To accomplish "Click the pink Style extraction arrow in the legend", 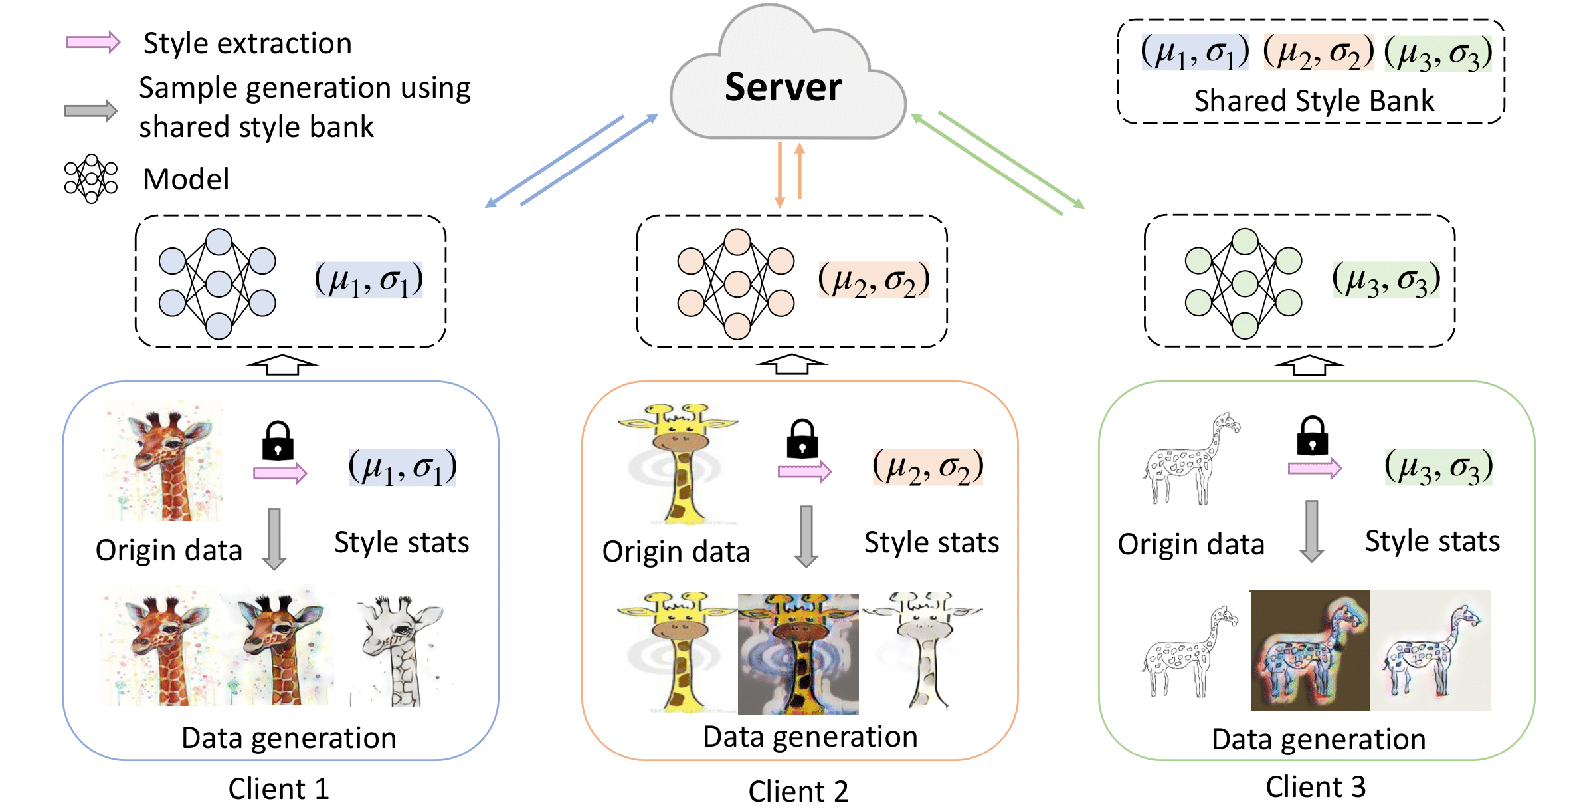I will [x=93, y=43].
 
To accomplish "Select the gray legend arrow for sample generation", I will [x=90, y=110].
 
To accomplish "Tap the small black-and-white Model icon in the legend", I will [x=91, y=178].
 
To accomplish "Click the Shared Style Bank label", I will [x=1313, y=101].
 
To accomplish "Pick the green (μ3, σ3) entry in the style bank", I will [x=1437, y=53].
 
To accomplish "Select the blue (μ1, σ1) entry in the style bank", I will [x=1194, y=53].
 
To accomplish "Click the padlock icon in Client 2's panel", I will [x=802, y=439].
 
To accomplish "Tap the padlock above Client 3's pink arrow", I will [x=1312, y=437].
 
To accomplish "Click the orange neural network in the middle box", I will [x=736, y=284].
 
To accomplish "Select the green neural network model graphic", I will [x=1244, y=284].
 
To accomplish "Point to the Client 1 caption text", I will [x=278, y=789].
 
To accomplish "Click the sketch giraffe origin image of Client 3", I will [x=1191, y=459].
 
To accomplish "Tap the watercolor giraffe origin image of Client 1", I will [x=163, y=461].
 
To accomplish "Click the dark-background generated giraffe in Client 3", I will [x=1309, y=650].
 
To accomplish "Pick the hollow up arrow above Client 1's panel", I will [x=282, y=364].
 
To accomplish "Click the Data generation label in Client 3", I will [x=1318, y=739].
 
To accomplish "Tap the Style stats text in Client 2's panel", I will [x=931, y=542].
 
